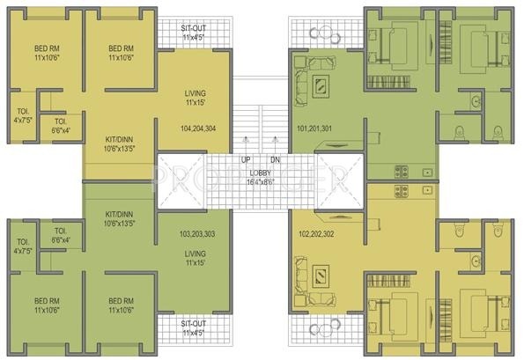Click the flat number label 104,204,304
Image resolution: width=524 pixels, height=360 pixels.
coord(199,129)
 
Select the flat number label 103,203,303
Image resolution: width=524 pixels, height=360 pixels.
coord(199,235)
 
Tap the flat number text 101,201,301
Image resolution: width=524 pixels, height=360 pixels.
coord(315,129)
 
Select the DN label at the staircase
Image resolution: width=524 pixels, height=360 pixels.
coord(275,159)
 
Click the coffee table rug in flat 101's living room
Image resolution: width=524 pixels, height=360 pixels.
coord(321,84)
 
